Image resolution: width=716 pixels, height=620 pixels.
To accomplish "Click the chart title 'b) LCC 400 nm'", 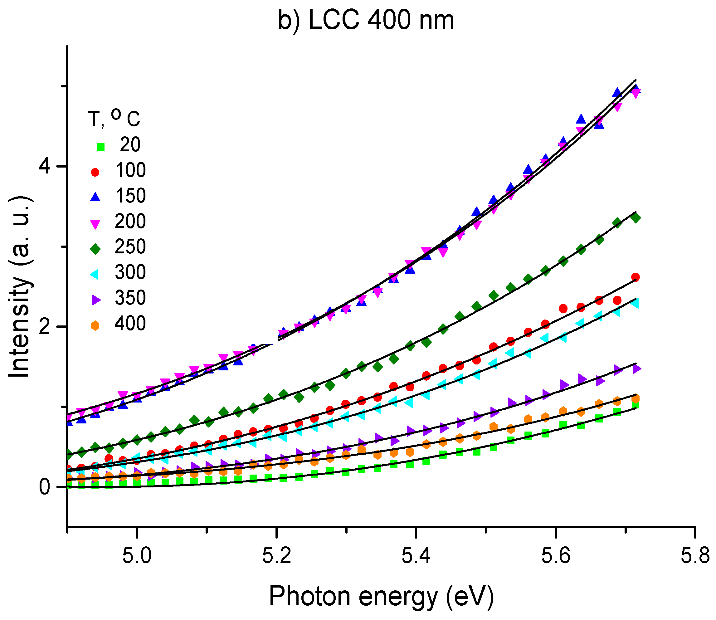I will click(366, 21).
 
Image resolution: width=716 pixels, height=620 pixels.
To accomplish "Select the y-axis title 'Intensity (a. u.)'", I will click(20, 287).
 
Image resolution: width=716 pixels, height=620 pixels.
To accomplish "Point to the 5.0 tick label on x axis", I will click(137, 557).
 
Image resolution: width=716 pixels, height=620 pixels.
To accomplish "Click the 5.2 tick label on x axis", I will click(276, 557).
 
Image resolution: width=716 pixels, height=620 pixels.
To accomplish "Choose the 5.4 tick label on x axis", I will click(416, 557).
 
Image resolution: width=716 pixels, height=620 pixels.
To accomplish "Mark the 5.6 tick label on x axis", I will click(555, 557).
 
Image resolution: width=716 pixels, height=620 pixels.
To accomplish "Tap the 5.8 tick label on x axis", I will click(694, 557).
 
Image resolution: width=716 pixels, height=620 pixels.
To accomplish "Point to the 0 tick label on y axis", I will click(45, 487).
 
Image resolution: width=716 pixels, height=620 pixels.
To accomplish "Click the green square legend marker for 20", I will click(100, 147).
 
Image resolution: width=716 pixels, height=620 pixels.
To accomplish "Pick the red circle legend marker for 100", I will click(95, 172).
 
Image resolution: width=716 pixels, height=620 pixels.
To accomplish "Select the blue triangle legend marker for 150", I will click(95, 197).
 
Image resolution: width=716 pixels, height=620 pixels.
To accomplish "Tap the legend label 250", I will click(130, 247).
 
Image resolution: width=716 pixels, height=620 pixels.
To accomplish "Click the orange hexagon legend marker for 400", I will click(95, 325).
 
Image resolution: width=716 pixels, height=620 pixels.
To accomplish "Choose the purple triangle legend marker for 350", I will click(96, 300).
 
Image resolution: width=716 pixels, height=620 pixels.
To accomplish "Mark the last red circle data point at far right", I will click(635, 277).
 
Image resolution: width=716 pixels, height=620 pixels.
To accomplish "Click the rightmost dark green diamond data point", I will click(636, 217).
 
